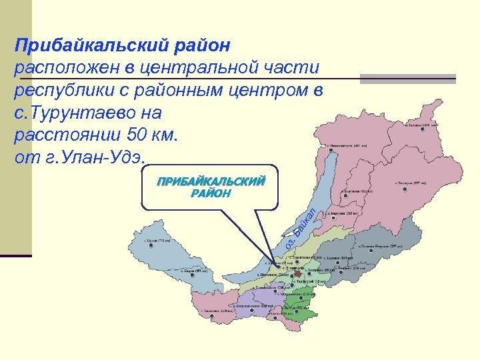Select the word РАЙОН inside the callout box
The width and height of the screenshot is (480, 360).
click(211, 194)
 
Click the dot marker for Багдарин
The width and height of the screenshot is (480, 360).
click(404, 189)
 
